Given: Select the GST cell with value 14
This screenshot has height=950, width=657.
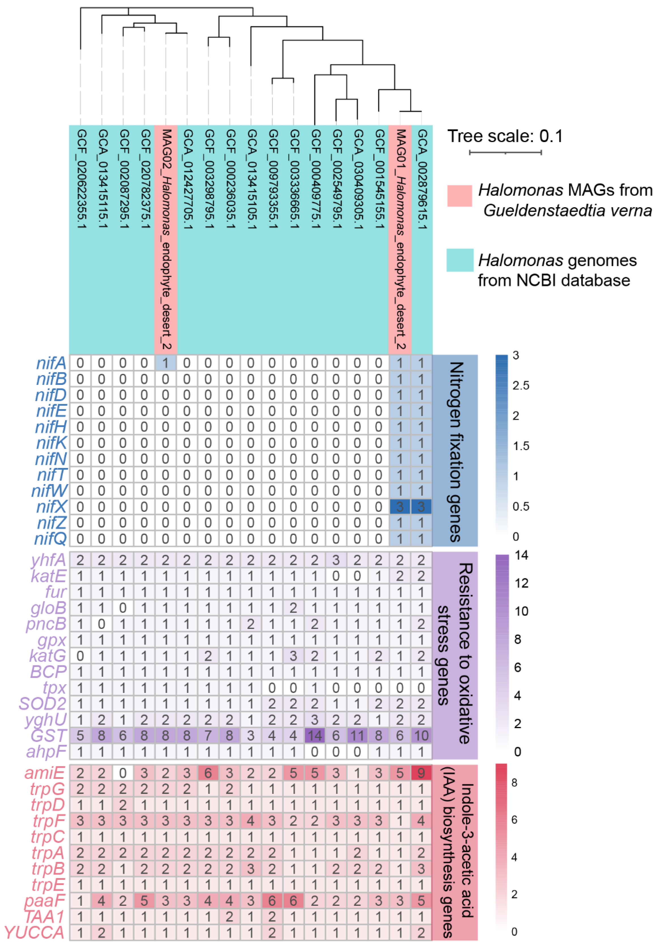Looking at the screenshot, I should (315, 736).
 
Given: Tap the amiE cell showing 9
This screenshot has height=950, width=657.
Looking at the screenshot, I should (421, 773).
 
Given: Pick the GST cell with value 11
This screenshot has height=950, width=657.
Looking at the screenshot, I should (357, 736).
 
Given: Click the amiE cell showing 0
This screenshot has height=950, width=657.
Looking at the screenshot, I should (123, 773).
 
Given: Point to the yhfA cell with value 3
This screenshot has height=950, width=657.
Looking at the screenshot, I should (336, 560).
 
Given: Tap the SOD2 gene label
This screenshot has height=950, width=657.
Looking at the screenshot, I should (42, 704).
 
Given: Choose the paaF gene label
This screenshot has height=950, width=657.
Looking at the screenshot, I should (44, 900).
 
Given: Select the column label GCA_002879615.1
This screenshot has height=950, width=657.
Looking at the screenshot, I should (422, 179).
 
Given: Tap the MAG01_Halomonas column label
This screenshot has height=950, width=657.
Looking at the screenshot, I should (400, 239).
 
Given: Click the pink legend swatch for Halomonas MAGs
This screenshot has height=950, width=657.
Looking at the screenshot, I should (460, 196).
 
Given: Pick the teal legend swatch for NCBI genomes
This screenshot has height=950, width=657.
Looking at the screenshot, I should (460, 260).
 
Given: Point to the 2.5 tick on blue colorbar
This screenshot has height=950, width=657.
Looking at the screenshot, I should (520, 386).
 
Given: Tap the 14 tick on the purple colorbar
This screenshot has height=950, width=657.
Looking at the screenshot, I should (521, 555).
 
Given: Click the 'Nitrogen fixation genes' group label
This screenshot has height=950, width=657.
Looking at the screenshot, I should (455, 452).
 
